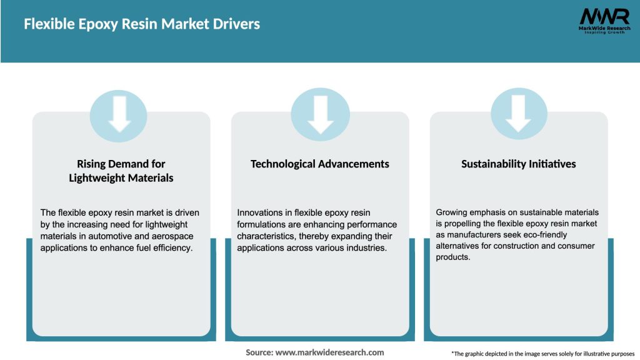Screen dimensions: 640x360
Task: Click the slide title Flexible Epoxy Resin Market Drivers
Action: tap(142, 24)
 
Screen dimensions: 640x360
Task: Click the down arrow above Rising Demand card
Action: tap(119, 114)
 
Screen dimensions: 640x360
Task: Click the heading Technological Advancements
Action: tap(320, 164)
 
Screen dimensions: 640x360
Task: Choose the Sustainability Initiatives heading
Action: tap(519, 164)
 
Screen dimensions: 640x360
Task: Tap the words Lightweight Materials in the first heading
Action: tap(121, 178)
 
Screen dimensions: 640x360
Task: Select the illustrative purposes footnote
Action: tap(542, 354)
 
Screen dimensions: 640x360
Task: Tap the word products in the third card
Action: tap(452, 257)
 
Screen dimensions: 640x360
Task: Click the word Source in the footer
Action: tap(259, 352)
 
